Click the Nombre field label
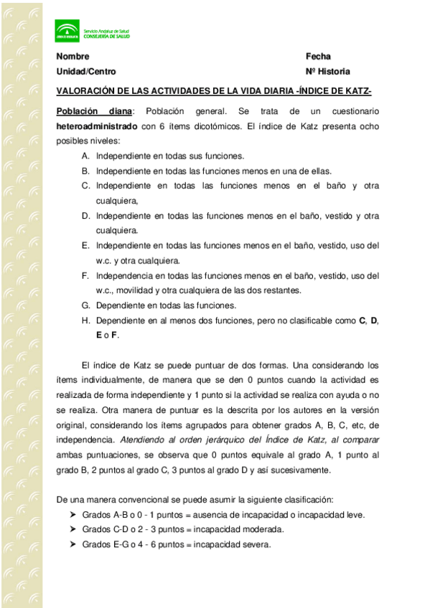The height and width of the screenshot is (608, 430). coord(73,57)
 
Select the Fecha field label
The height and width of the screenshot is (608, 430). coord(318,57)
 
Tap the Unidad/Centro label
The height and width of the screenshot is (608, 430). coord(86,72)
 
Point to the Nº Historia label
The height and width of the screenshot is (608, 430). coord(328,72)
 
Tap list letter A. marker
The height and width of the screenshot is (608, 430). coord(85,156)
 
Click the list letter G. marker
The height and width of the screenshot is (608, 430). coord(85,305)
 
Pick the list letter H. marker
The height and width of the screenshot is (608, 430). coord(85,320)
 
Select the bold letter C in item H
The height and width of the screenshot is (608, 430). coord(362,320)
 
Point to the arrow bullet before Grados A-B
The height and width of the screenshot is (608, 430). coord(73,515)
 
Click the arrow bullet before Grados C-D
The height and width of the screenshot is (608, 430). coord(73,530)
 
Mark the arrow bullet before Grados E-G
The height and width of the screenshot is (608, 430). coord(73,544)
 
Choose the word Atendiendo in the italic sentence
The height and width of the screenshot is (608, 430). coord(143,440)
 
